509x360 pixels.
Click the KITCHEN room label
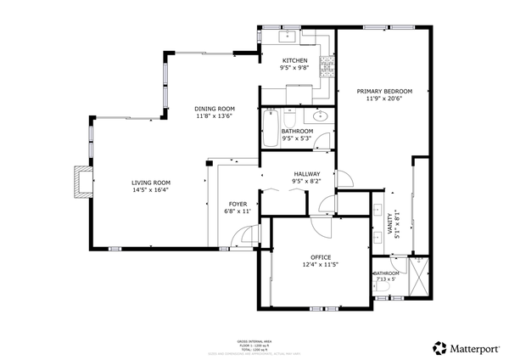294,60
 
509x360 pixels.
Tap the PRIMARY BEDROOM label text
383,91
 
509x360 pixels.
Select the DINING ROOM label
214,109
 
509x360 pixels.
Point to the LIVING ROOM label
150,183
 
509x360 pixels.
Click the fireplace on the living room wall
80,181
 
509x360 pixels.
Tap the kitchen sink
288,35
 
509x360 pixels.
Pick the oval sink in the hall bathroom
321,116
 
